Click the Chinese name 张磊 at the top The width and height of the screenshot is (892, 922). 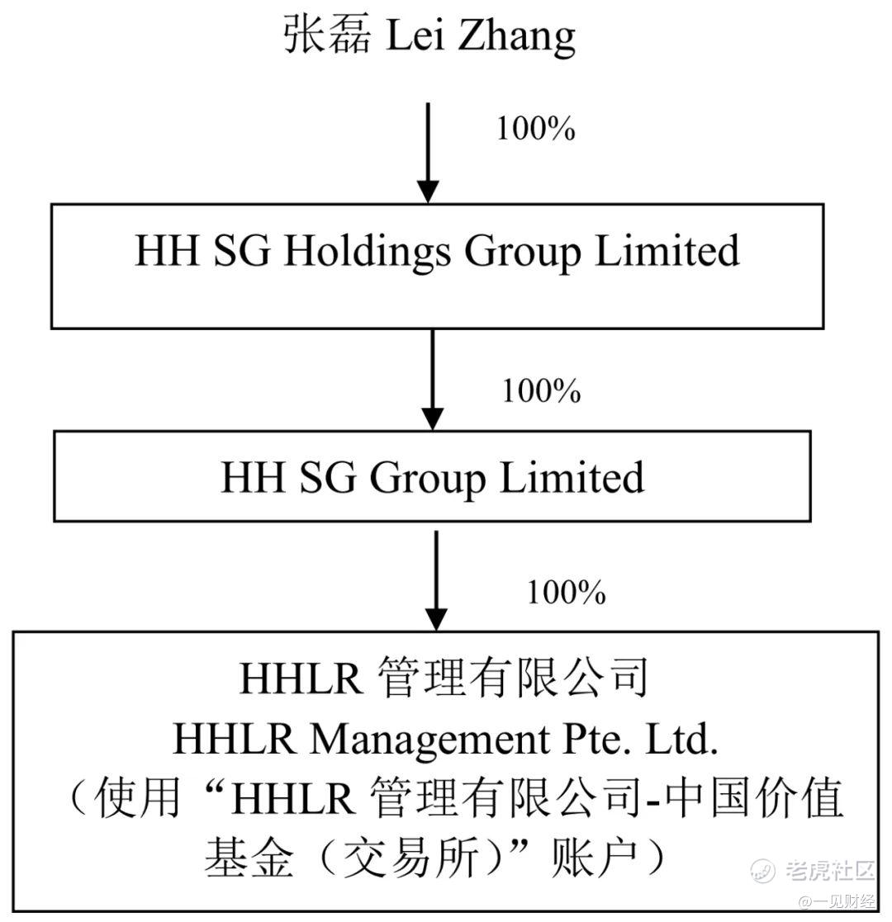click(x=327, y=34)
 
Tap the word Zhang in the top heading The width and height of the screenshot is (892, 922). click(x=516, y=36)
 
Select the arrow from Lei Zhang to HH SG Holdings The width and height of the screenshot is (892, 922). click(x=428, y=153)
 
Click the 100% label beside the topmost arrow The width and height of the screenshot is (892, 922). click(x=535, y=128)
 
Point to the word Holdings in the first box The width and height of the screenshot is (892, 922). click(x=368, y=252)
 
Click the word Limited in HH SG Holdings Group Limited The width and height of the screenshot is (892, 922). click(x=667, y=250)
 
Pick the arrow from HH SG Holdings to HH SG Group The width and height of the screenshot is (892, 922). click(x=433, y=379)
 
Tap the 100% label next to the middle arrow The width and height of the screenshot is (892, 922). click(x=541, y=390)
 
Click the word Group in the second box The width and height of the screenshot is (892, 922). click(x=427, y=479)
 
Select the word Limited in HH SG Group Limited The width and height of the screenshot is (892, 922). click(x=572, y=477)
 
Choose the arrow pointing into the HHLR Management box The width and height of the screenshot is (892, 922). click(x=436, y=580)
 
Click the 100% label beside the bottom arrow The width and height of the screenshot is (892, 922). click(x=566, y=592)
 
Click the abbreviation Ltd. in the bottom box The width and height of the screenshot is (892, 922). click(x=682, y=739)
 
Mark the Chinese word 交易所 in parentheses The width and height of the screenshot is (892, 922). click(x=410, y=858)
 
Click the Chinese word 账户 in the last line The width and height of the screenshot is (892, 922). click(x=595, y=858)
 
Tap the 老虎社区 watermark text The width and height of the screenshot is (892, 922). click(x=830, y=870)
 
